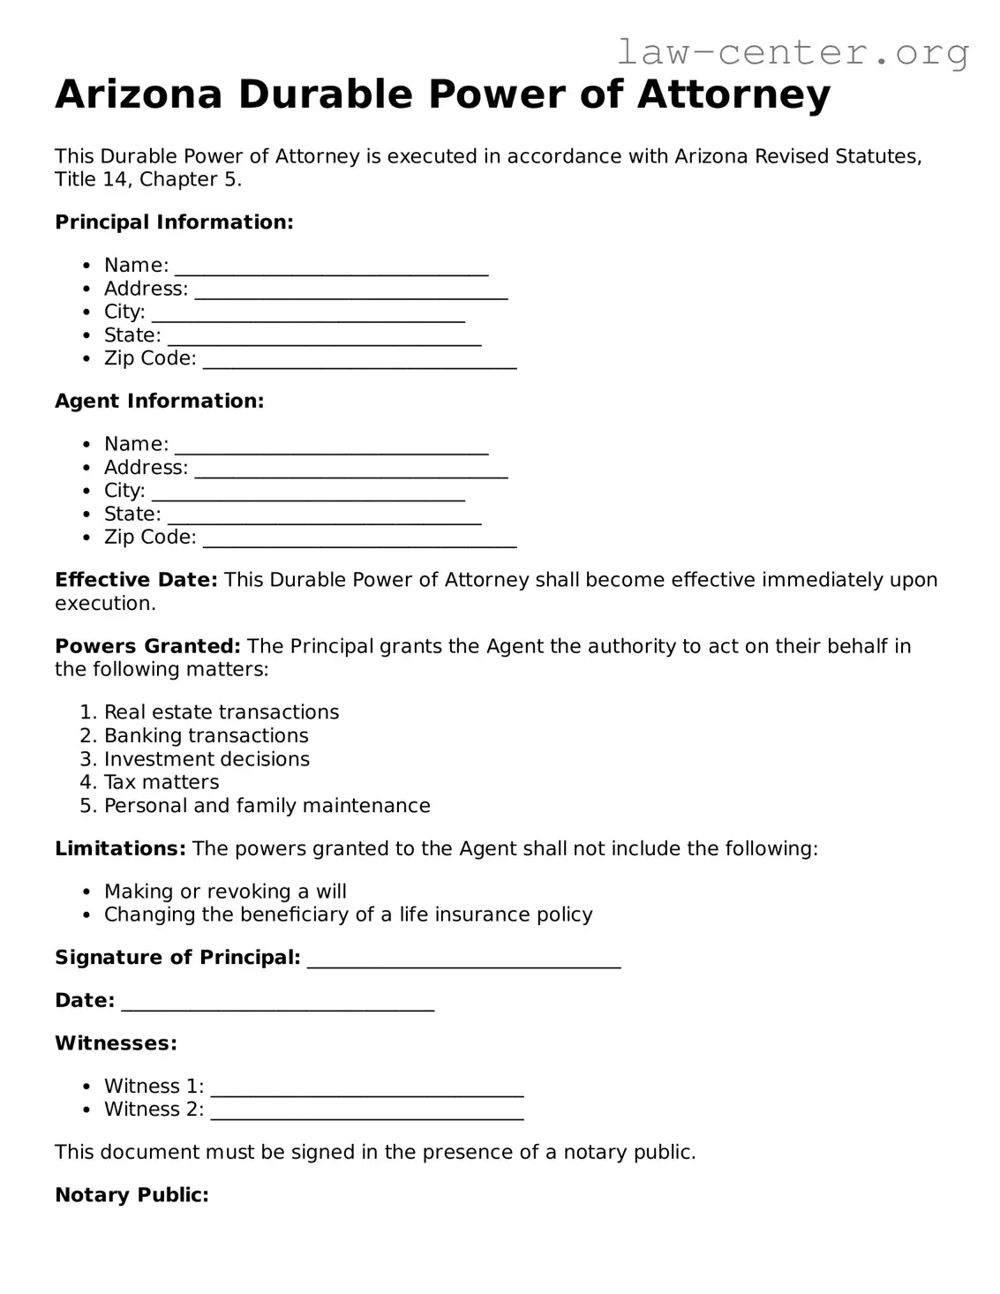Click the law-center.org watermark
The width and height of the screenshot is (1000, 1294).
tap(792, 52)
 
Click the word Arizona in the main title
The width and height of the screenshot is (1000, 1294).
tap(139, 94)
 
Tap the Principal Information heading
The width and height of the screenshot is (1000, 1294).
tap(174, 222)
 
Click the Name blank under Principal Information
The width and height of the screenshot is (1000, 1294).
tap(331, 266)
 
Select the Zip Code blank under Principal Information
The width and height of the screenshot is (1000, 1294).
tap(359, 359)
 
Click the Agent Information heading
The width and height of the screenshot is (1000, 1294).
tap(159, 401)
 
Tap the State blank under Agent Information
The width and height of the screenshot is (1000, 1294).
tap(324, 515)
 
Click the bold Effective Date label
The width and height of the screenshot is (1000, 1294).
tap(136, 580)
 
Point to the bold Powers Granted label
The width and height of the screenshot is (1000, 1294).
tap(147, 646)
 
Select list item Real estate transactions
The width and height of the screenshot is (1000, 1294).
tap(221, 712)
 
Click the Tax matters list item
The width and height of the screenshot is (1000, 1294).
tap(162, 782)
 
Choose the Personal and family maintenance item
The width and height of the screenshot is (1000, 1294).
tap(267, 806)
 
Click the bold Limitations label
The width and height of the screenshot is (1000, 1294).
tap(120, 848)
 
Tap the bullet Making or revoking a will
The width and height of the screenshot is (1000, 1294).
tap(225, 892)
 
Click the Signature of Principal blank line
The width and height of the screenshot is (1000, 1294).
tap(463, 959)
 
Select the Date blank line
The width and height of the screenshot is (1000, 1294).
tap(277, 1002)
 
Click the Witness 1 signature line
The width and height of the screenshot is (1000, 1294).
tap(367, 1087)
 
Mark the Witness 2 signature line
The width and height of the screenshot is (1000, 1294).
tap(367, 1110)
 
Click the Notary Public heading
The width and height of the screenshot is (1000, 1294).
tap(132, 1195)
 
